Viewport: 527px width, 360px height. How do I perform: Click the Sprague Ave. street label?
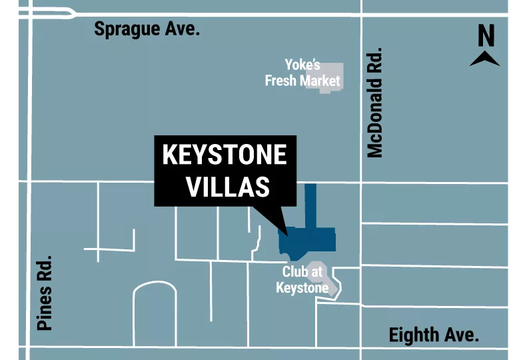coord(147,29)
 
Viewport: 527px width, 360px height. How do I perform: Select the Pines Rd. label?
coord(44,294)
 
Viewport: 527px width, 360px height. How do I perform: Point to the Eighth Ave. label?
coord(434,335)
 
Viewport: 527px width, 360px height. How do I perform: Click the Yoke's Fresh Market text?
coord(302,73)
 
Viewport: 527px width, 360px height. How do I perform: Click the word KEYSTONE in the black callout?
coord(225,155)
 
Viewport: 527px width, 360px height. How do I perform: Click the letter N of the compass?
coord(486,35)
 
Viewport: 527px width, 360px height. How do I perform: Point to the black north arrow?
coord(485,59)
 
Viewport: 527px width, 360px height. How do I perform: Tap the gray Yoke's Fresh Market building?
coord(330,77)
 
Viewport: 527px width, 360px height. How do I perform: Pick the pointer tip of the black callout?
coord(287,234)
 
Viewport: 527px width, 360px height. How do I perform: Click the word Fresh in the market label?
coord(280,81)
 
